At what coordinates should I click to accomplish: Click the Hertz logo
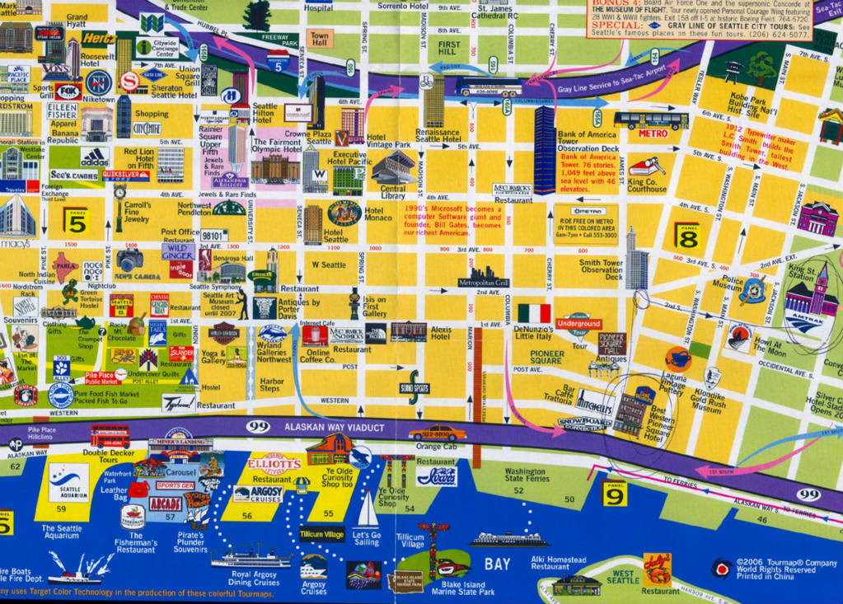pyautogui.click(x=98, y=38)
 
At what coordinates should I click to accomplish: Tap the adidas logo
pyautogui.click(x=95, y=156)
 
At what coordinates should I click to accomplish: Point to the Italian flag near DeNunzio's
pyautogui.click(x=534, y=314)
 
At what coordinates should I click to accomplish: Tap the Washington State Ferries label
pyautogui.click(x=525, y=475)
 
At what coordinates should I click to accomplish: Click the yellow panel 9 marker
pyautogui.click(x=615, y=493)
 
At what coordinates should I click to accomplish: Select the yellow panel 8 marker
pyautogui.click(x=687, y=236)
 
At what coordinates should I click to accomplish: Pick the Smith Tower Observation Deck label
pyautogui.click(x=602, y=270)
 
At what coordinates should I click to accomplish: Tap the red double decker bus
pyautogui.click(x=110, y=436)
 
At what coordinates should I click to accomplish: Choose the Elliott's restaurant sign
pyautogui.click(x=274, y=464)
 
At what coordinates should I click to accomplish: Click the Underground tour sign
pyautogui.click(x=578, y=324)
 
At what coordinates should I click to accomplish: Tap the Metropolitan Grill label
pyautogui.click(x=484, y=283)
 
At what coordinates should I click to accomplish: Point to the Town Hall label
pyautogui.click(x=320, y=38)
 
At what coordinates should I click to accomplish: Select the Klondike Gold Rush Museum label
pyautogui.click(x=707, y=400)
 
